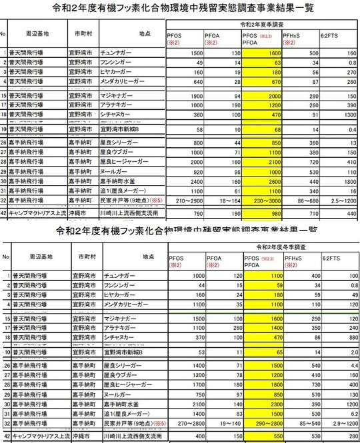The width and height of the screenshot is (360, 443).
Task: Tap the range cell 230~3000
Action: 262,200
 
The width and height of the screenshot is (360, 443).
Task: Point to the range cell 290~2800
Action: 262,422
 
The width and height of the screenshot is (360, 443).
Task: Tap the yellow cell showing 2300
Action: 262,404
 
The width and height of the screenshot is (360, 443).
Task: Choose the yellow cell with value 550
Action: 262,436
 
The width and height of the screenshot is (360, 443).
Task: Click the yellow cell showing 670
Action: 262,81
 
